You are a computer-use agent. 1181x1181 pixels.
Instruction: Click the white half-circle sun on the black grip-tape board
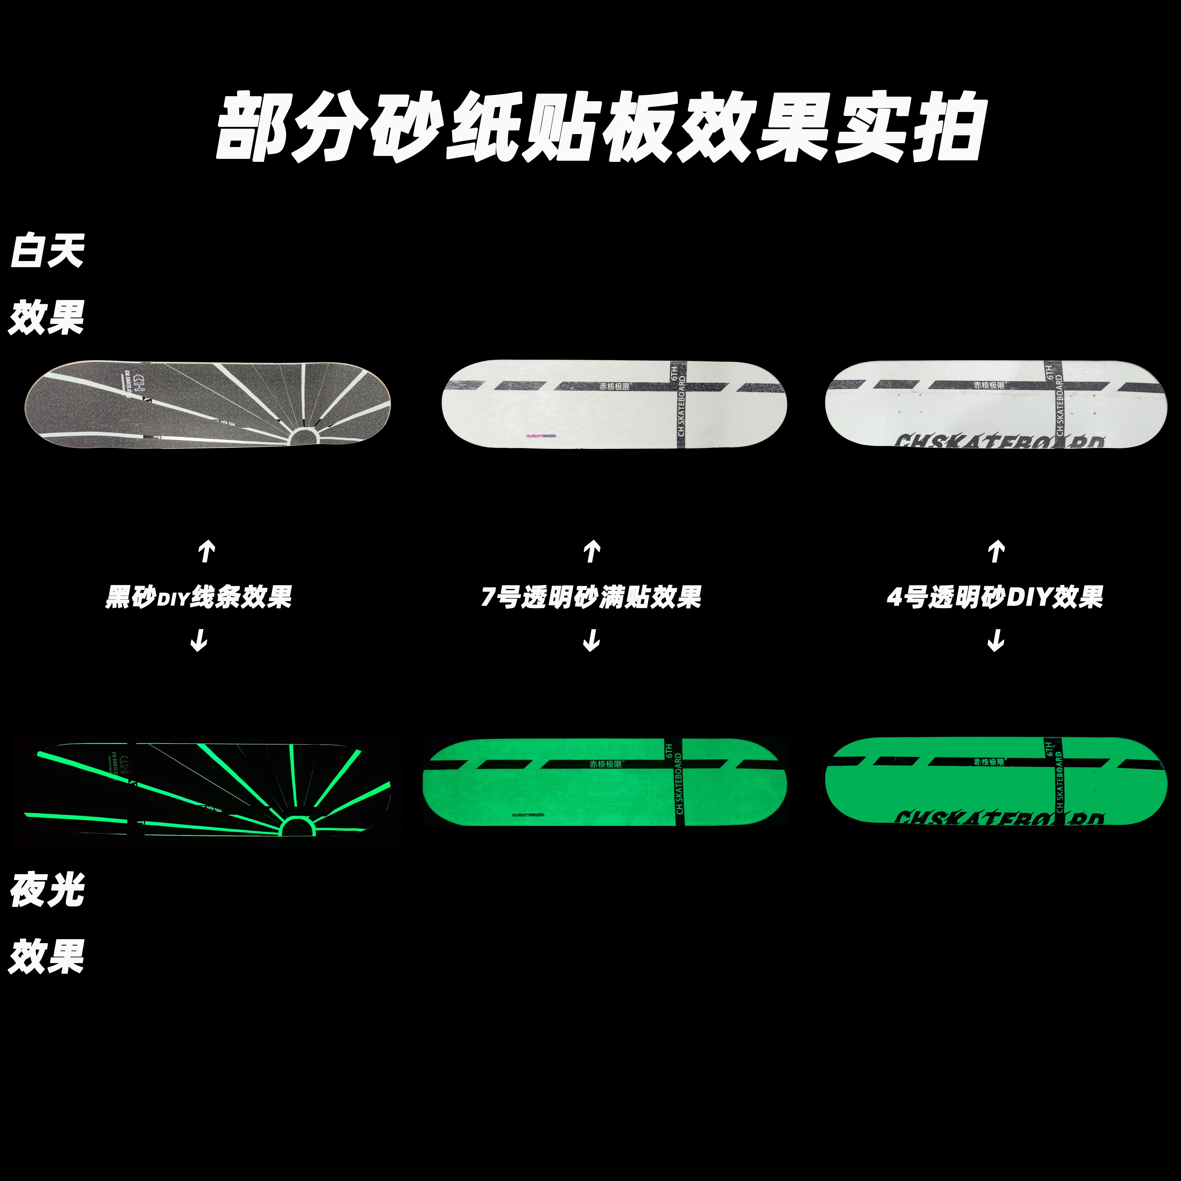pyautogui.click(x=304, y=436)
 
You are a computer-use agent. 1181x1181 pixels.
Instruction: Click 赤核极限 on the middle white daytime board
pyautogui.click(x=614, y=386)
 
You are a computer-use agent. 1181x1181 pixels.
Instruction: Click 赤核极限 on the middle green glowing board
pyautogui.click(x=605, y=764)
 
